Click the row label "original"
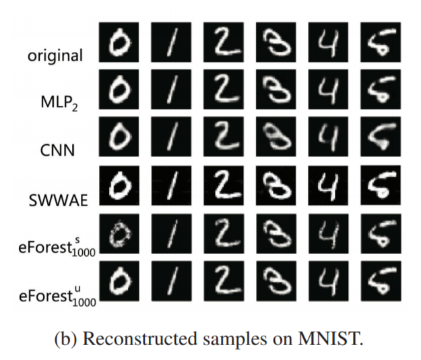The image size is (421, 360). pos(55,56)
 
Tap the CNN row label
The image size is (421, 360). pos(57,150)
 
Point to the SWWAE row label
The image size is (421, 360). pos(58,200)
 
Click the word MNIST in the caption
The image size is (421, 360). pos(331,338)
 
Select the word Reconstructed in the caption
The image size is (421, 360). pos(139,338)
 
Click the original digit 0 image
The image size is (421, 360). pos(119,42)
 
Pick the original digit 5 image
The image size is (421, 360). pos(381,42)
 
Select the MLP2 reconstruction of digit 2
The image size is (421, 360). pos(224,89)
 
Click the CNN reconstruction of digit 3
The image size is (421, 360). pos(276,136)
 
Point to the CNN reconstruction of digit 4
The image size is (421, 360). pos(328,136)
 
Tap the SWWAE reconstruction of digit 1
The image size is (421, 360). pos(171,185)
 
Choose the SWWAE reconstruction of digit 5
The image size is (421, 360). pos(381,185)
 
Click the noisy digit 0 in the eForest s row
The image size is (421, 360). pos(119,234)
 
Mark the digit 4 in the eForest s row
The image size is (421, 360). pos(328,234)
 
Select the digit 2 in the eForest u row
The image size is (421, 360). pos(224,281)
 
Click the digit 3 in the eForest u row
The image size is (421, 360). pos(276,281)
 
